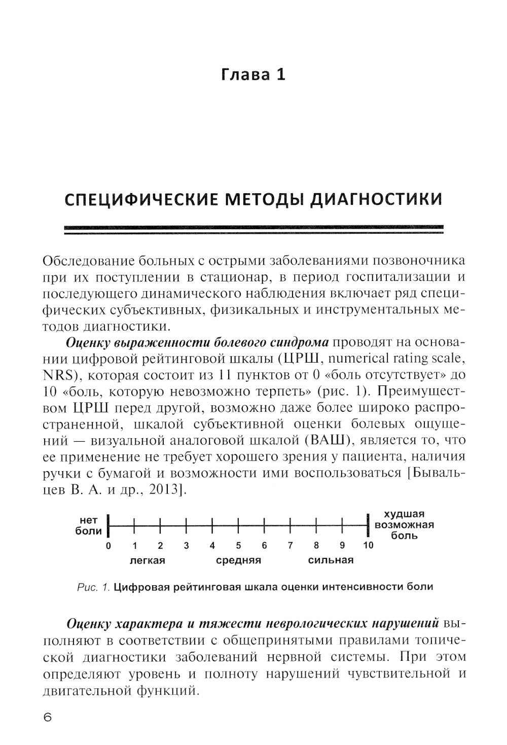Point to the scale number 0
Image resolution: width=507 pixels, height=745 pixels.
pyautogui.click(x=108, y=546)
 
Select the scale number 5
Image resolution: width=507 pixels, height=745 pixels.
pyautogui.click(x=238, y=546)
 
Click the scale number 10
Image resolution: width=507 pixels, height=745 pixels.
pyautogui.click(x=368, y=546)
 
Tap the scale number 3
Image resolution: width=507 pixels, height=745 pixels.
pyautogui.click(x=186, y=546)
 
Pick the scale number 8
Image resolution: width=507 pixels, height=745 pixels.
pyautogui.click(x=316, y=546)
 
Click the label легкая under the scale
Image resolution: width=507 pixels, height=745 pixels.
pyautogui.click(x=148, y=561)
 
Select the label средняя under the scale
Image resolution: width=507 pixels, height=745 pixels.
pyautogui.click(x=238, y=561)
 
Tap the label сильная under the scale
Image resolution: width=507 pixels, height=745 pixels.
pyautogui.click(x=331, y=561)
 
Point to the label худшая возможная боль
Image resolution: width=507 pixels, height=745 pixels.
pyautogui.click(x=404, y=525)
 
